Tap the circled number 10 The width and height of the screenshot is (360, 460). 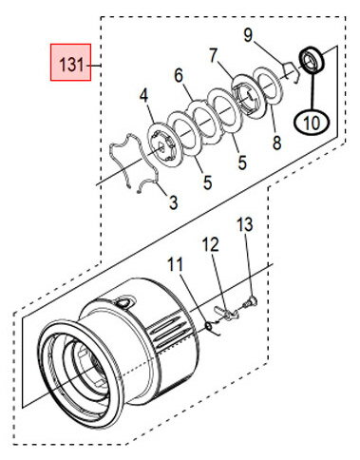click(x=312, y=123)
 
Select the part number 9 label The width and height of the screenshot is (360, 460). click(x=248, y=35)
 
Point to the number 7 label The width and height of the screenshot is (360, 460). click(x=214, y=56)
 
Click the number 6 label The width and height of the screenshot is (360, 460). click(x=179, y=76)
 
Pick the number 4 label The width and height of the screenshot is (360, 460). click(x=144, y=96)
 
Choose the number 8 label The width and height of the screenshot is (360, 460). click(x=276, y=143)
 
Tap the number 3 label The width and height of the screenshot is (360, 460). click(x=173, y=202)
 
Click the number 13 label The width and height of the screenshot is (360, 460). click(x=245, y=224)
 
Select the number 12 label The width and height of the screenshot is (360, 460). click(x=211, y=245)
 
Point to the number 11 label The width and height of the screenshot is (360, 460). click(x=175, y=264)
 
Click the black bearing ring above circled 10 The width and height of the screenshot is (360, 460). click(x=312, y=60)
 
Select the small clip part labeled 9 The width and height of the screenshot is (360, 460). click(x=291, y=72)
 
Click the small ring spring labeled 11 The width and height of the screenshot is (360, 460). click(x=212, y=328)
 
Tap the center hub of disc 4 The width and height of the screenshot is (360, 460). click(x=162, y=145)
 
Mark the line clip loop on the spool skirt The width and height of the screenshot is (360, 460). click(x=124, y=302)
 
